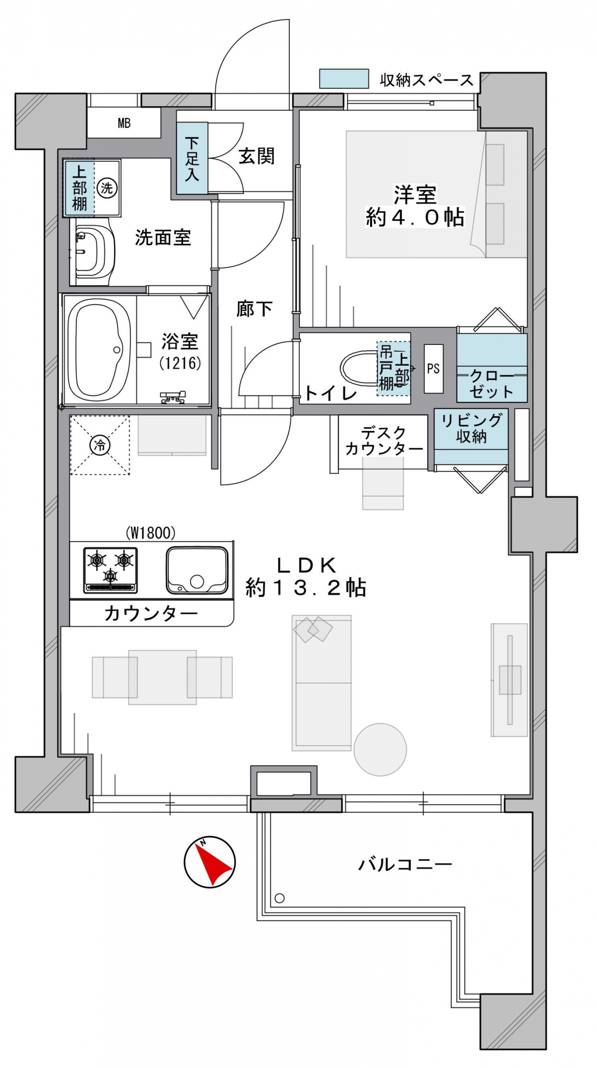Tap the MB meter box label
[124, 123]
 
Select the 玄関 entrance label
[256, 156]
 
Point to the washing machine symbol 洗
[107, 187]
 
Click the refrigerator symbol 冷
[100, 445]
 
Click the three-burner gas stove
[111, 570]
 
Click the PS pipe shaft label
[433, 369]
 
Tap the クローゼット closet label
[491, 384]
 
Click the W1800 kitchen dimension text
[150, 532]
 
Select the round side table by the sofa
[380, 749]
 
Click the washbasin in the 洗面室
[93, 251]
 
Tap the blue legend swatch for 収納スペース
[344, 78]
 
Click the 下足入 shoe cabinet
[192, 158]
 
